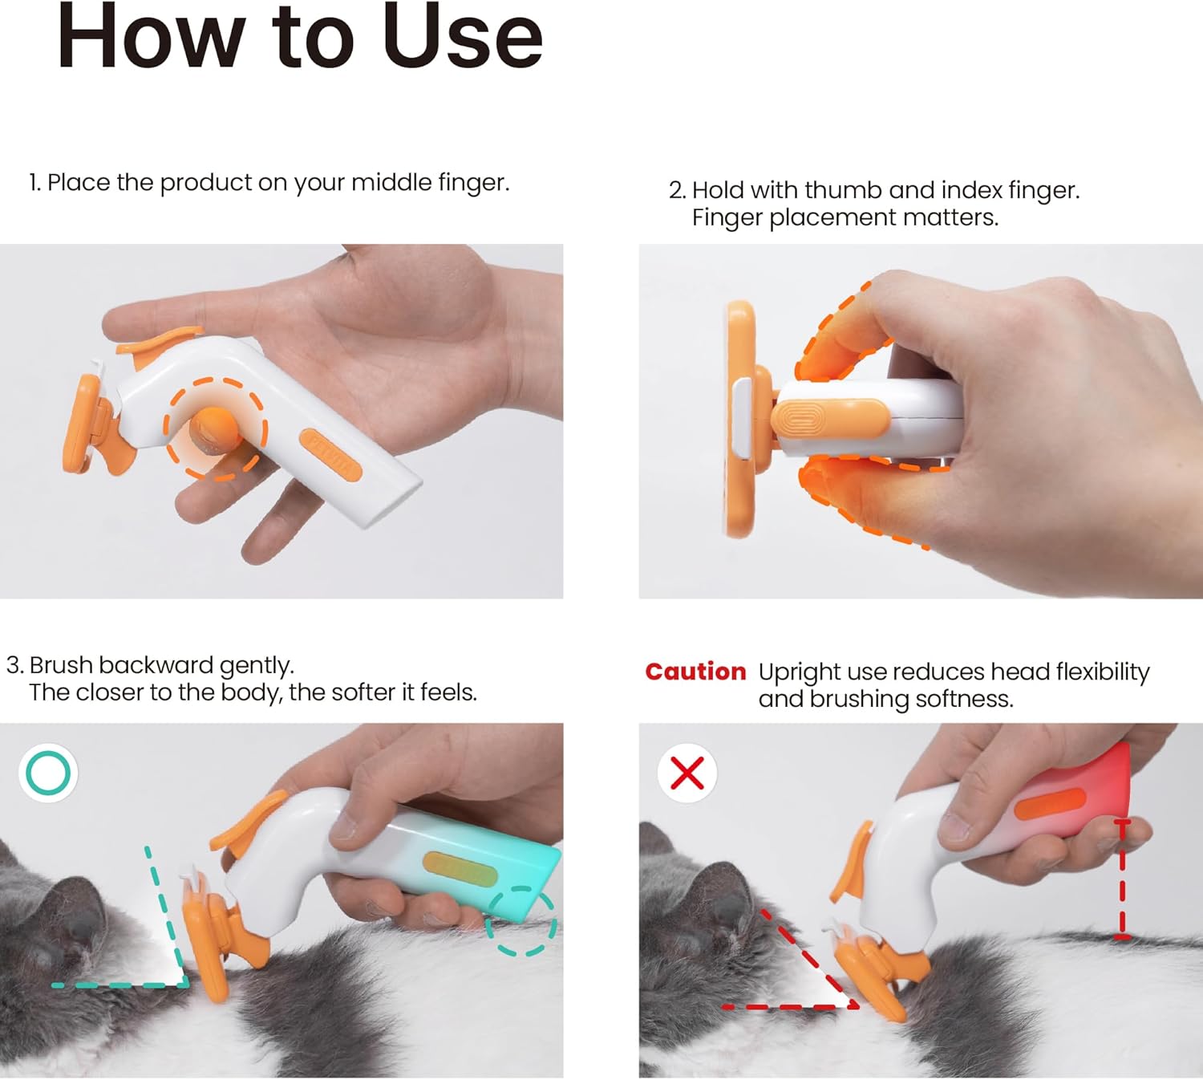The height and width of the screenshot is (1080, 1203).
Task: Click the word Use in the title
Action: [x=463, y=37]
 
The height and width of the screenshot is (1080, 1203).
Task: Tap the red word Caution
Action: [x=695, y=672]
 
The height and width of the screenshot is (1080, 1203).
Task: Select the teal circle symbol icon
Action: [x=48, y=773]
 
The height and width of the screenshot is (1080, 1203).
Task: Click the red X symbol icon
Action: [x=687, y=773]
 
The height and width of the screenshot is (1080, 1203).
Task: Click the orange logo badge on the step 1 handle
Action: [x=330, y=456]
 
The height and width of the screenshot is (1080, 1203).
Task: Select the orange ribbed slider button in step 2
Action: [x=830, y=418]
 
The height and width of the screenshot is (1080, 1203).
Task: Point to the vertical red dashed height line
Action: [x=1122, y=879]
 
